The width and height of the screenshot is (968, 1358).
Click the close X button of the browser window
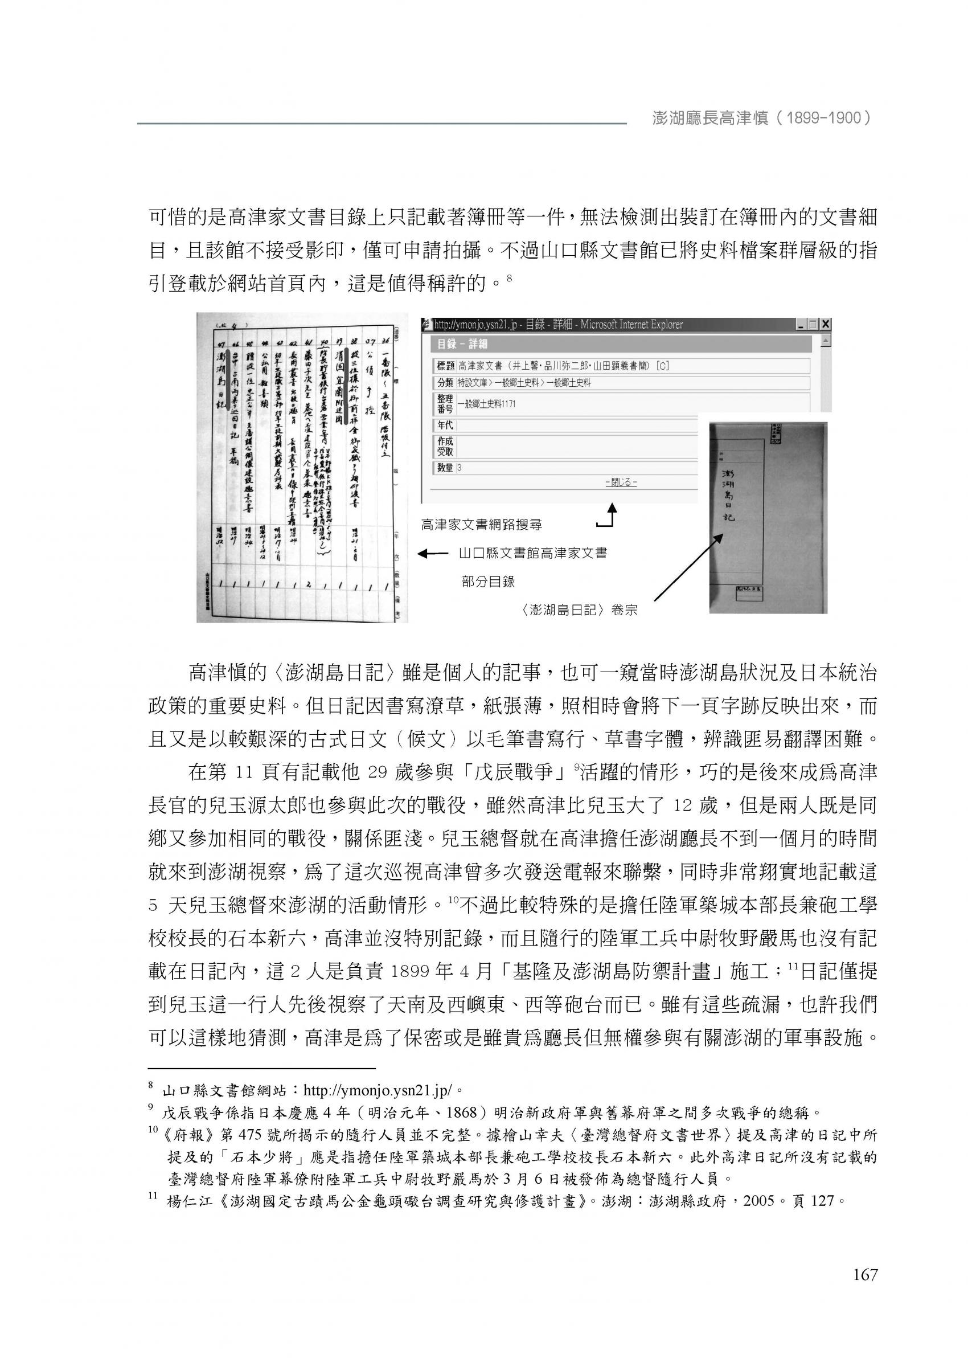click(825, 325)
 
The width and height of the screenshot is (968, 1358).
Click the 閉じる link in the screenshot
click(621, 482)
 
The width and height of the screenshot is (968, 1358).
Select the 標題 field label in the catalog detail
click(445, 366)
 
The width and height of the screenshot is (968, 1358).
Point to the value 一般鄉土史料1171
click(486, 404)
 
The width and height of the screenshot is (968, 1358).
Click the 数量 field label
click(445, 468)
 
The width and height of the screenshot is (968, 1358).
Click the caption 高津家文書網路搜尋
click(482, 525)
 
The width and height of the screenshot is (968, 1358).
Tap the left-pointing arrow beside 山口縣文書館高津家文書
click(432, 554)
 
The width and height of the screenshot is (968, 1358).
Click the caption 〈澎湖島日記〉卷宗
click(577, 611)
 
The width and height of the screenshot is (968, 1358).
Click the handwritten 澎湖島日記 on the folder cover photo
click(728, 495)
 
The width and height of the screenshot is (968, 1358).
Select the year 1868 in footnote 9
click(469, 1112)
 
